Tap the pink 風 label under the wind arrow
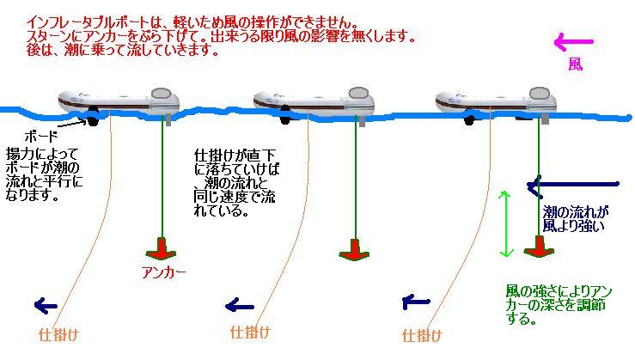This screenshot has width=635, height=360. tap(575, 64)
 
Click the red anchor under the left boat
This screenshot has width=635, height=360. tap(160, 250)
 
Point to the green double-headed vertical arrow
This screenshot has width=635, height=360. tap(507, 223)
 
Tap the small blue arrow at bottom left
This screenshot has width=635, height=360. tap(46, 305)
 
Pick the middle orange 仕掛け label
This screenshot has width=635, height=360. tap(250, 332)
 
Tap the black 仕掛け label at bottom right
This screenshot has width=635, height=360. tap(422, 334)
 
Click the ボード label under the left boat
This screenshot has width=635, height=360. tap(42, 136)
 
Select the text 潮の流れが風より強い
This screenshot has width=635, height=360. tap(575, 218)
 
